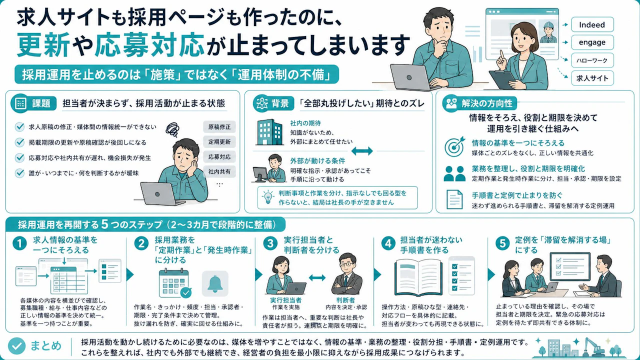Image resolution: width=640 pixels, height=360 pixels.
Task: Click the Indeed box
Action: (x=592, y=24)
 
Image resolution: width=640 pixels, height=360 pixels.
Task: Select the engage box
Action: (x=592, y=42)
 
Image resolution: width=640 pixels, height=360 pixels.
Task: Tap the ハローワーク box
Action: (x=592, y=60)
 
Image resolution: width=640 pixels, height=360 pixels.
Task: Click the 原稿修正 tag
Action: (x=219, y=127)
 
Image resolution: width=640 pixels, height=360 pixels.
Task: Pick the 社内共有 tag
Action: (x=219, y=171)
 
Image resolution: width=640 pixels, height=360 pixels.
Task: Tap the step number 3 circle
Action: (x=270, y=243)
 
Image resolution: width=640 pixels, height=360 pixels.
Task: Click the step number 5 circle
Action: (x=502, y=243)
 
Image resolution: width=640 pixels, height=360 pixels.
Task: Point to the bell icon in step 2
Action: (x=215, y=283)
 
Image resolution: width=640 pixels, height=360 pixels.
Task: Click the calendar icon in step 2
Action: (x=174, y=283)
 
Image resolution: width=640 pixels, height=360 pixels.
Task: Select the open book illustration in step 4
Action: (x=418, y=277)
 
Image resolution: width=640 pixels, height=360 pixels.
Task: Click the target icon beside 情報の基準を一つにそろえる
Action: (x=454, y=146)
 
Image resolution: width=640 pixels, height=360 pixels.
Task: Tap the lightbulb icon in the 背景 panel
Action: (x=268, y=197)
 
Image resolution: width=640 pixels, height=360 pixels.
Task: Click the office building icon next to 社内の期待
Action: (x=269, y=132)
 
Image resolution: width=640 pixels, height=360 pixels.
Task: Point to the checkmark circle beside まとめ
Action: (x=16, y=345)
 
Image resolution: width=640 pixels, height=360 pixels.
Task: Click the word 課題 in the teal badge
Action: (x=41, y=103)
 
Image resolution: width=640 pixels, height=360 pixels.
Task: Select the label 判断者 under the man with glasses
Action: (x=345, y=300)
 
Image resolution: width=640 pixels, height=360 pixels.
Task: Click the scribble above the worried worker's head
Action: (x=172, y=129)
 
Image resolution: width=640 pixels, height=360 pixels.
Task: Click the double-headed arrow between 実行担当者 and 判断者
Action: (x=317, y=277)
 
